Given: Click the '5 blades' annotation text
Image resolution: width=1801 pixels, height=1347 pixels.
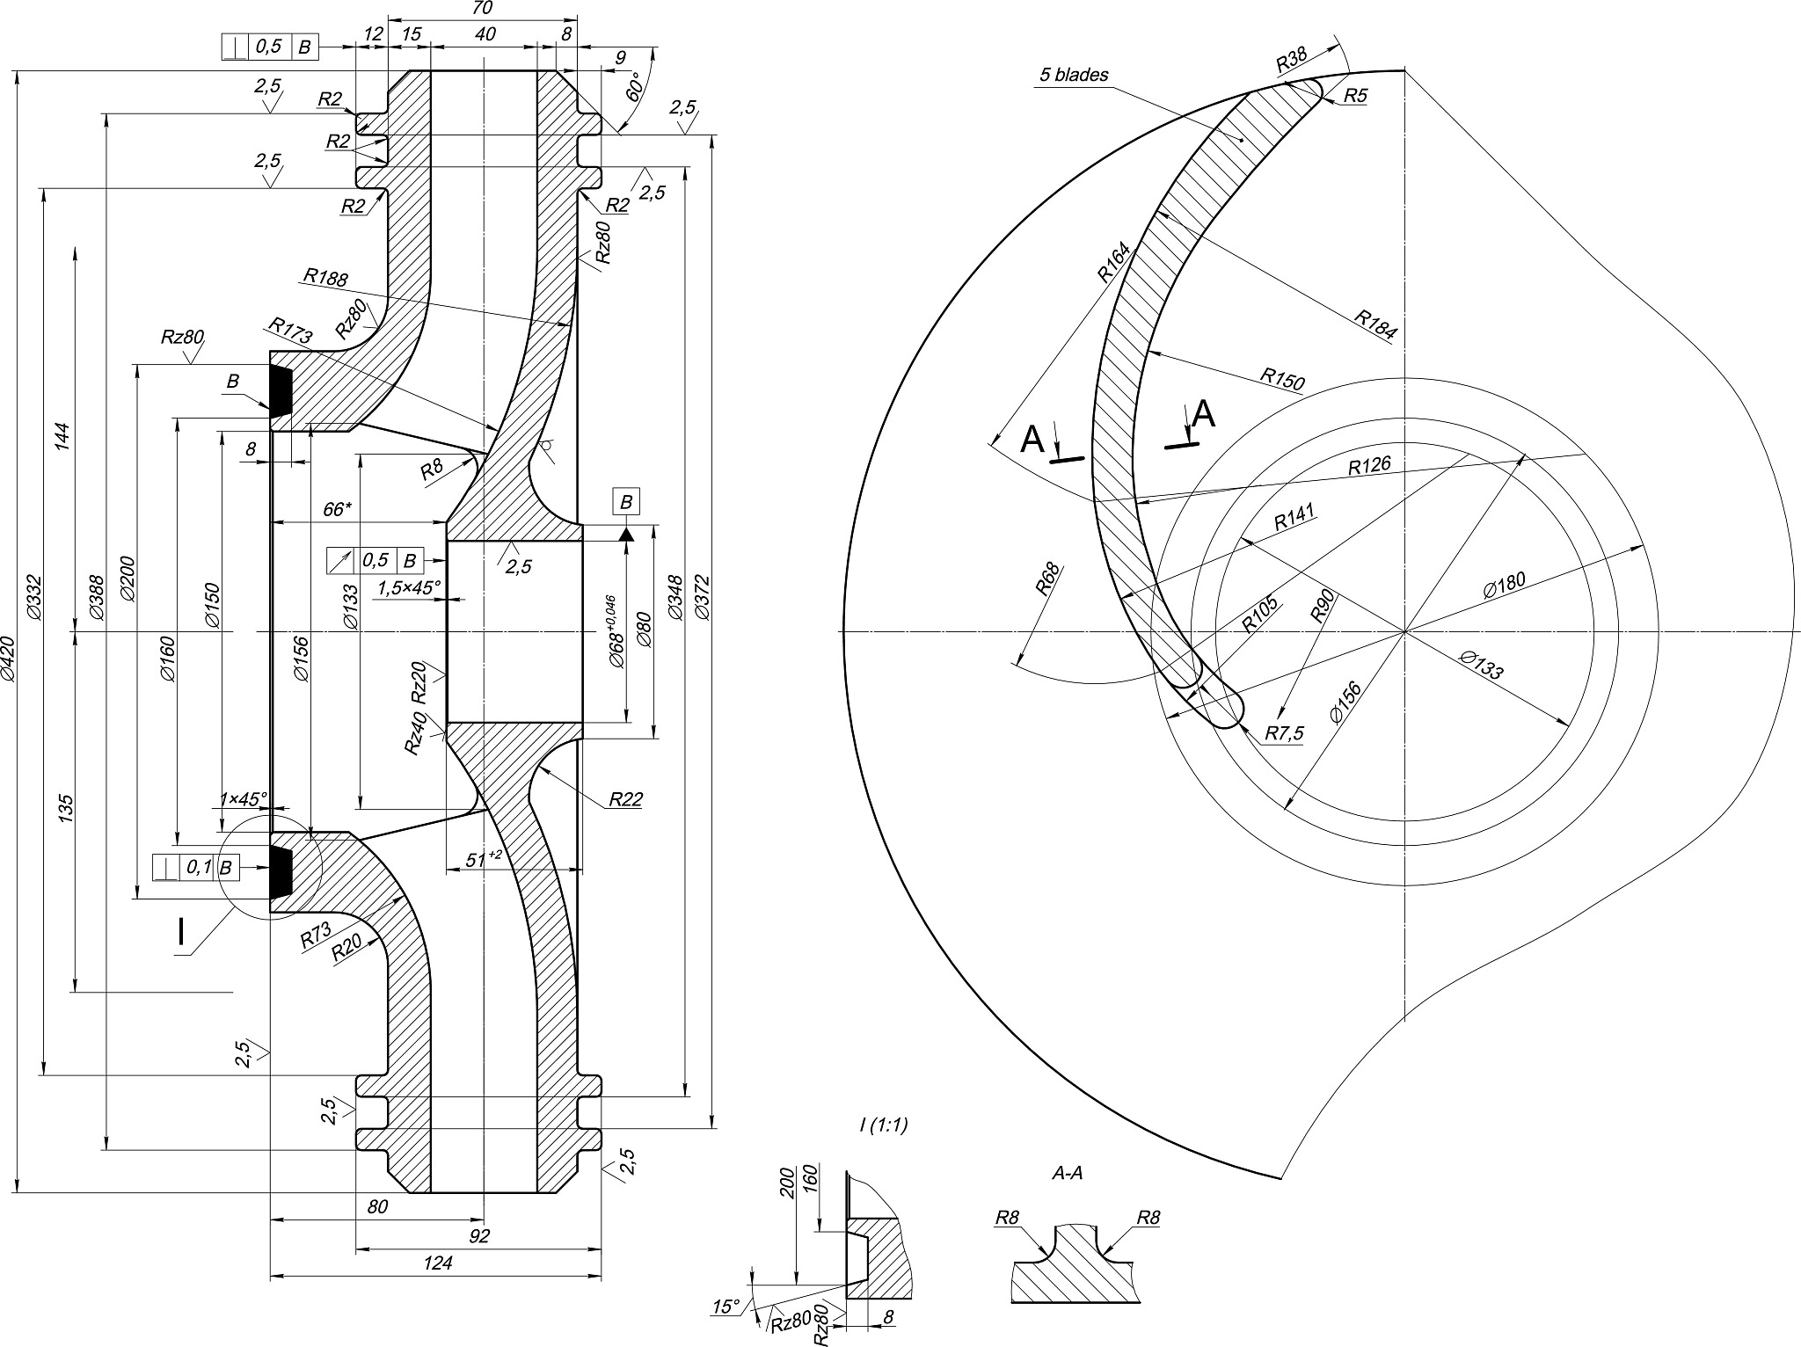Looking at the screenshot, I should (x=1074, y=75).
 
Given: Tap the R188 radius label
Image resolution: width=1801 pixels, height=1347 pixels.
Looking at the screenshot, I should (x=325, y=278).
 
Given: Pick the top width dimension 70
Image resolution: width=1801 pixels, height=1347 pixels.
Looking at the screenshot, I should (x=482, y=8).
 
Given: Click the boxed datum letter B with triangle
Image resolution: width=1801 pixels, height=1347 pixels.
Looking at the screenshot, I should (x=626, y=503).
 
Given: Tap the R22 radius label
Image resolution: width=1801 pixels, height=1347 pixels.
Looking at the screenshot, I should (x=625, y=799).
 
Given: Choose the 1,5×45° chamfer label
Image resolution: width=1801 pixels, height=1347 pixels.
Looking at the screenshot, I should (x=410, y=587).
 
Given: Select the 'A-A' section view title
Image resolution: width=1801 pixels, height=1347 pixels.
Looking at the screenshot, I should (x=1066, y=1173).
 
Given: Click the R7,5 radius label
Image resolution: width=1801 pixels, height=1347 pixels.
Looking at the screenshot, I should (x=1285, y=733).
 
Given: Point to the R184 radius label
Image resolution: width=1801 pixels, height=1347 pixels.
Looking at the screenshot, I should (x=1375, y=324).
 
